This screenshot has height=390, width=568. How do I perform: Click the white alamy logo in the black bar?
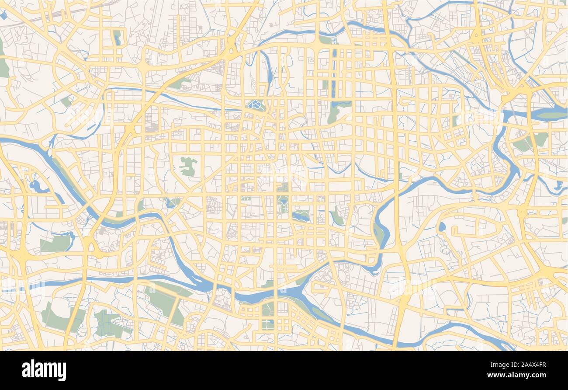coord(44,370)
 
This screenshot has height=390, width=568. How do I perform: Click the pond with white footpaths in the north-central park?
coord(255,104)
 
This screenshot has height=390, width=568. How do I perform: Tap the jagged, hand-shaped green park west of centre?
coord(188,166)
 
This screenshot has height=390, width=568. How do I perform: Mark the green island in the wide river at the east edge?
coord(551,115)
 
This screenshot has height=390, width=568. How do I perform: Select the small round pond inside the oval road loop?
coord(442,226)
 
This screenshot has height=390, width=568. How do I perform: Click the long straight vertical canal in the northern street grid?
coord(334,72)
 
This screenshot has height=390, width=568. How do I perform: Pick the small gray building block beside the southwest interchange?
coord(102,230)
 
